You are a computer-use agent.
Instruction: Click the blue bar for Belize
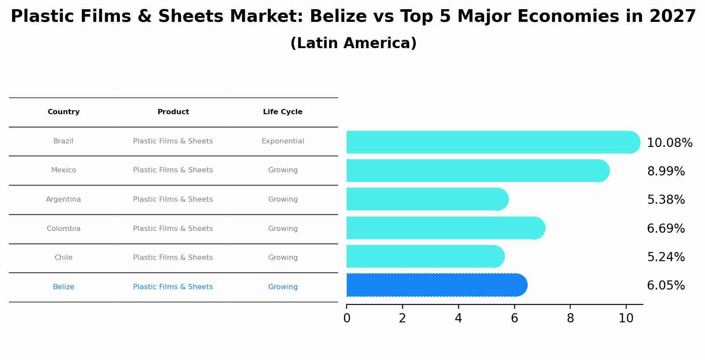tap(437, 285)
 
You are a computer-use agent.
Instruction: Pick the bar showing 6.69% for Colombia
tap(445, 228)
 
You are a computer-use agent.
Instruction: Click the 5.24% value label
tap(666, 257)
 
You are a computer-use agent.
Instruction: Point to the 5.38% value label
tap(666, 200)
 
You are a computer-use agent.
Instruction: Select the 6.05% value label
tap(666, 286)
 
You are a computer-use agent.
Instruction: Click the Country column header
tap(63, 112)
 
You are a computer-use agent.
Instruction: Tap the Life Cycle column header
tap(283, 112)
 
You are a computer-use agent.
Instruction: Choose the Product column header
tap(173, 112)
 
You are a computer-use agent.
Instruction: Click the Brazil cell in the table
tap(63, 141)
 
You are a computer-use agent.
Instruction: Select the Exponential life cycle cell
tap(283, 141)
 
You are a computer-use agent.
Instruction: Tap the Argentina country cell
tap(63, 199)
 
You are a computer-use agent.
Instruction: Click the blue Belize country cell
tap(63, 287)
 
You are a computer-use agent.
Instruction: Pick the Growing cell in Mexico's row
tap(283, 170)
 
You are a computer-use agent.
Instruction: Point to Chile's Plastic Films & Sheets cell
tap(173, 258)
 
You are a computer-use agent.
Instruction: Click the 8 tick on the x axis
tap(570, 318)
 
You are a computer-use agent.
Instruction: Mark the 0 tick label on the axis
tap(347, 318)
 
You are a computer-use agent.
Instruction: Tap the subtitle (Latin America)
tap(353, 43)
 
